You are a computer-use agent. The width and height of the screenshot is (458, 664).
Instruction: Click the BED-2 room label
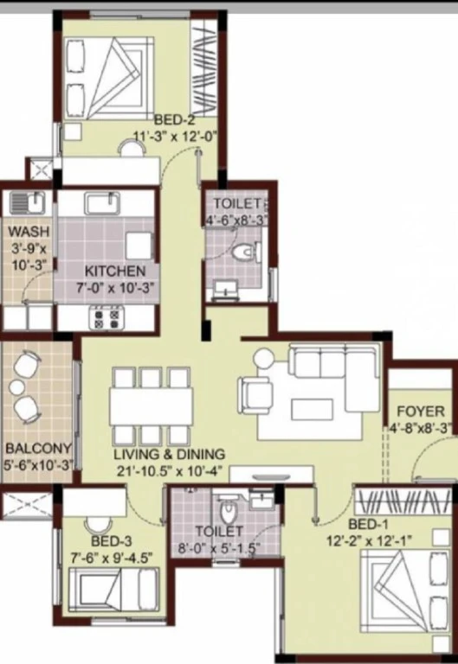(x=174, y=120)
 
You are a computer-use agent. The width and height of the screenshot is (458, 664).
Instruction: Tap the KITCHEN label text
(x=115, y=271)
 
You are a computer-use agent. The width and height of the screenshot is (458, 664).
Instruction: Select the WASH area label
(x=29, y=232)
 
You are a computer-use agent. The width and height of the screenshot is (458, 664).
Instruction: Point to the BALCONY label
(x=38, y=448)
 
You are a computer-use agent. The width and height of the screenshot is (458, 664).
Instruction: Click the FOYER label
(x=421, y=412)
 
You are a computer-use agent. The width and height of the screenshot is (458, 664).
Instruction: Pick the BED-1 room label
(x=368, y=524)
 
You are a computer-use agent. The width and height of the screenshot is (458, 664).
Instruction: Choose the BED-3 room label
(x=111, y=540)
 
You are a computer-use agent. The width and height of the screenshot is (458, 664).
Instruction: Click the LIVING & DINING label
(x=169, y=455)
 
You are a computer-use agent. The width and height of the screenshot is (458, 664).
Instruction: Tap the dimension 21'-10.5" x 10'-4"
(x=169, y=471)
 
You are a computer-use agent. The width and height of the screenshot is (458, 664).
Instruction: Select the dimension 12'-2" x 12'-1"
(x=369, y=540)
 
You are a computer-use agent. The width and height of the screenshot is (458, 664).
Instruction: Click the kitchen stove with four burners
(x=106, y=318)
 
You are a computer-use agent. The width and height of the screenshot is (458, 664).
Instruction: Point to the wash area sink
(x=28, y=201)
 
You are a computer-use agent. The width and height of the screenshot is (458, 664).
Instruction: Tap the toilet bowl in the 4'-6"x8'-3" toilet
(x=245, y=252)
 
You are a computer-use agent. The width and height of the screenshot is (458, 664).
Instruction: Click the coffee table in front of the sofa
(x=312, y=409)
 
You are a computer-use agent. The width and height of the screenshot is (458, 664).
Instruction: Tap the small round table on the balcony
(x=17, y=387)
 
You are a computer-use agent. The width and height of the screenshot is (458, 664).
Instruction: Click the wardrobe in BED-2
(x=204, y=67)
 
